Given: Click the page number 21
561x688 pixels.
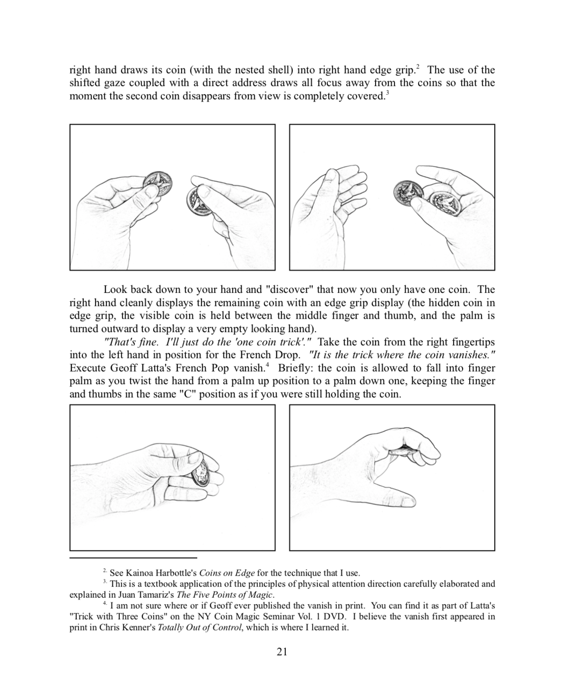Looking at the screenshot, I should coord(282,652).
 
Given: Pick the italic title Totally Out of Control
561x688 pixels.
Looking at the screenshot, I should coord(199,627).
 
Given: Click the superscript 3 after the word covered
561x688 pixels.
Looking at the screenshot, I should coord(387,92).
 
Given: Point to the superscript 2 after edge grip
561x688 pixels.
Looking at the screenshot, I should coord(418,67).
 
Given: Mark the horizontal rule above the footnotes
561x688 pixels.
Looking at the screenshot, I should coord(133,558).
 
